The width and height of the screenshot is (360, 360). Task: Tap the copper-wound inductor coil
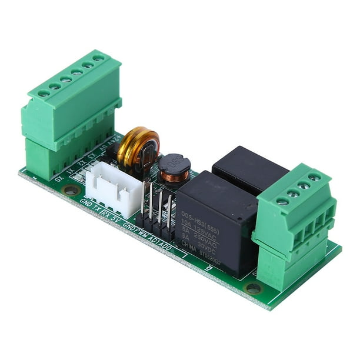tap(174, 169)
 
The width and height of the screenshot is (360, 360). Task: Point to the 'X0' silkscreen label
tap(58, 177)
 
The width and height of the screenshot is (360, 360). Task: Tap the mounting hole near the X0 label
tap(71, 190)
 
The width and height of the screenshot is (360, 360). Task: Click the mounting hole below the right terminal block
tap(253, 288)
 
